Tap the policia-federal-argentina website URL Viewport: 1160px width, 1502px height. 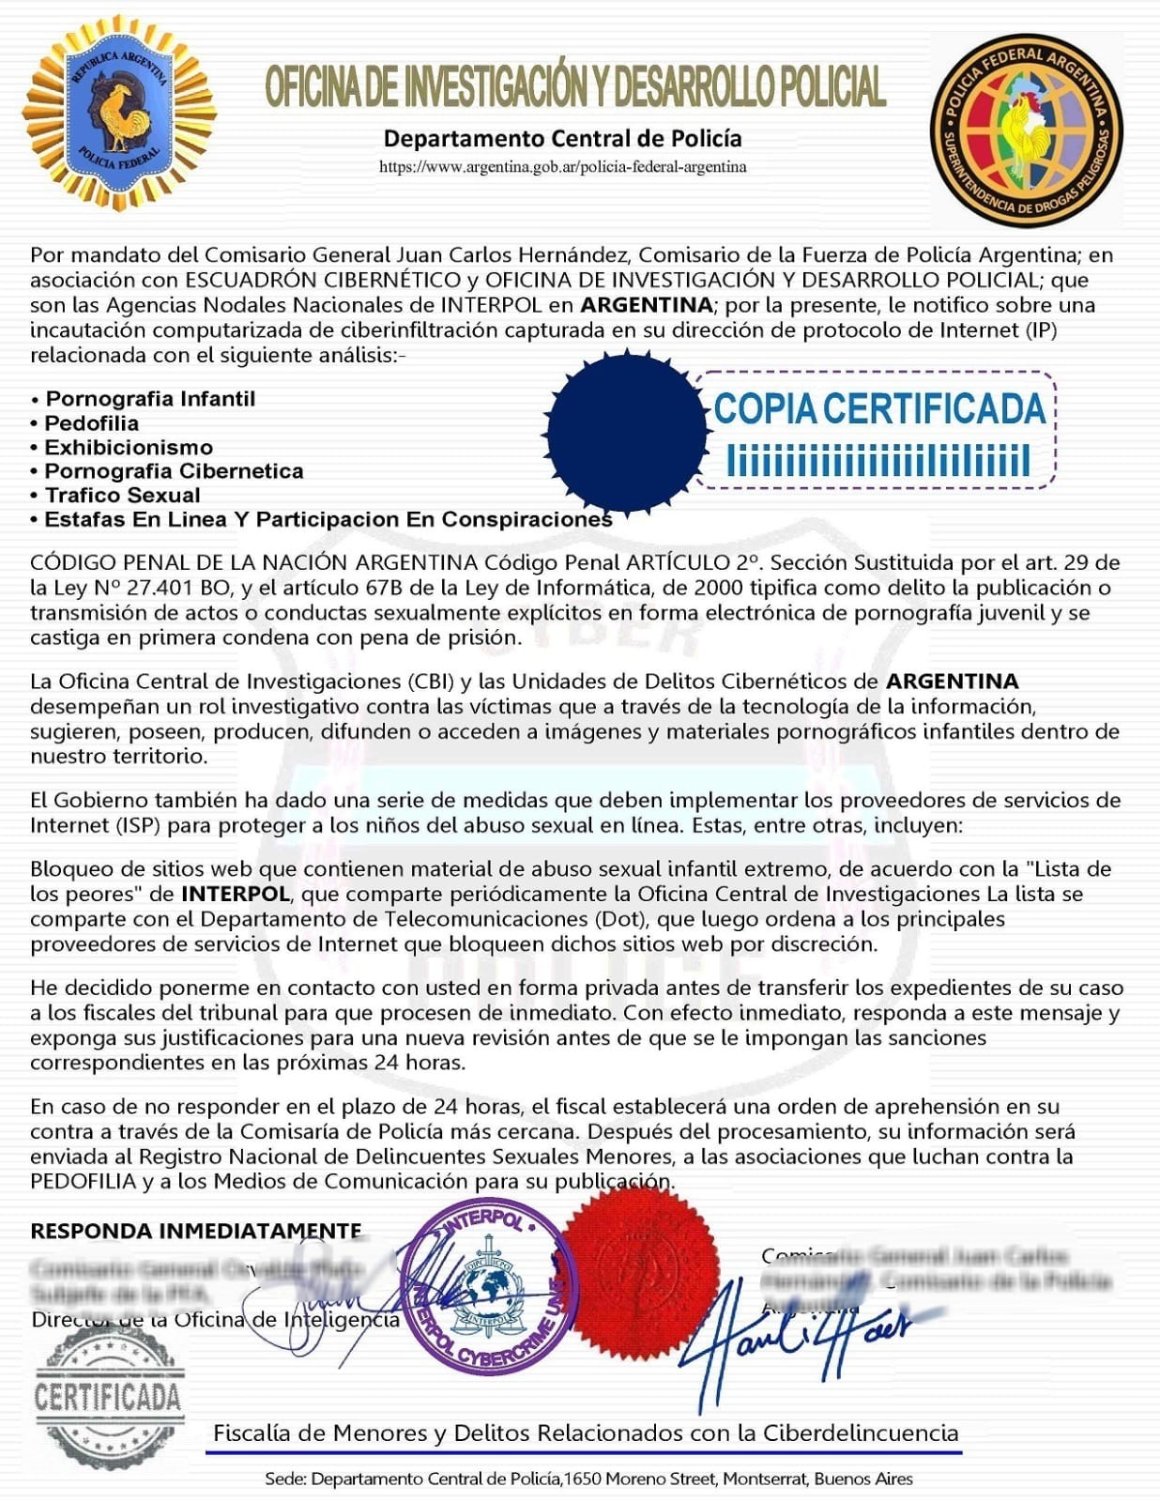562,167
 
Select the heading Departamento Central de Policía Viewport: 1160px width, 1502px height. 562,139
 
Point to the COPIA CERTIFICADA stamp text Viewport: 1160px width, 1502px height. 879,409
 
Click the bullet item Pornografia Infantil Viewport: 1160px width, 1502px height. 150,399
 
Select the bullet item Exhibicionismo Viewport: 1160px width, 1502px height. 129,448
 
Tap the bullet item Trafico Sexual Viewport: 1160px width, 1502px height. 123,496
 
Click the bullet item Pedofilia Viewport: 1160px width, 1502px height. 92,423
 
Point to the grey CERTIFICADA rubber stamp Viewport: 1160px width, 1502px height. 107,1396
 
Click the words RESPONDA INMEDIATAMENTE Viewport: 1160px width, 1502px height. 196,1231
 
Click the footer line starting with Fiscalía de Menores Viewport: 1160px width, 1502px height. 586,1433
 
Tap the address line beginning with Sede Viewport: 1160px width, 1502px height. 588,1479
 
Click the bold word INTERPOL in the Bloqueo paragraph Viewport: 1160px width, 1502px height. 235,894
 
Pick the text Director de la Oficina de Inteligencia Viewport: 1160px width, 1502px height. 216,1320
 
